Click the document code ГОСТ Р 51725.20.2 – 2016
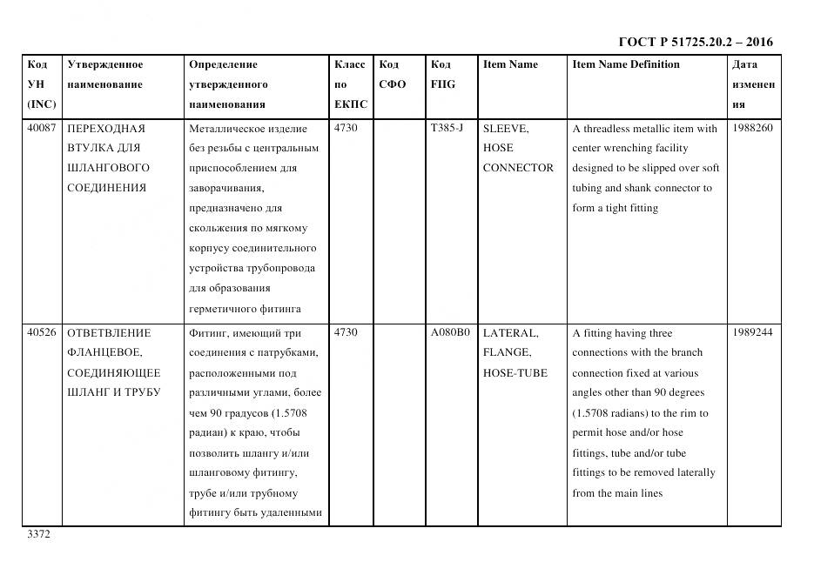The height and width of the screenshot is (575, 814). click(x=695, y=42)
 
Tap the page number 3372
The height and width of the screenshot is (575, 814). click(x=40, y=534)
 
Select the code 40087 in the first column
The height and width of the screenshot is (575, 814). click(x=42, y=129)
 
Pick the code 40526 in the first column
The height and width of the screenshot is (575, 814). click(x=42, y=333)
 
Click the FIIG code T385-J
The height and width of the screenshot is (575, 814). click(x=447, y=129)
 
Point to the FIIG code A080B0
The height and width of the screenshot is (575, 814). click(x=450, y=333)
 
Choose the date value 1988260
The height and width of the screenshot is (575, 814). click(x=752, y=129)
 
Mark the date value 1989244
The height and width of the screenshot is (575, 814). click(x=752, y=333)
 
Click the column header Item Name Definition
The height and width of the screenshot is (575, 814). click(x=626, y=64)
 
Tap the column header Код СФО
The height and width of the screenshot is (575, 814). click(x=393, y=75)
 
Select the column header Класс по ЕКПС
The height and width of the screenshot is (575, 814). click(x=351, y=84)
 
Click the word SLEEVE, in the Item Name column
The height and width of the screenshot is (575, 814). click(x=505, y=129)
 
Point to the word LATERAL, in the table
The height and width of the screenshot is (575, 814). click(x=510, y=333)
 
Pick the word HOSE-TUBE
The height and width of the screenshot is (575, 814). click(x=515, y=373)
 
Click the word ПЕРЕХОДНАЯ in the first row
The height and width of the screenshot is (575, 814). click(x=105, y=129)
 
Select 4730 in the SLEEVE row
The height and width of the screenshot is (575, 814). click(x=346, y=129)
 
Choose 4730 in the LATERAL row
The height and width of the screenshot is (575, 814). click(x=346, y=333)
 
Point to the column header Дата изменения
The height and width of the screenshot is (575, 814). click(x=753, y=84)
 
